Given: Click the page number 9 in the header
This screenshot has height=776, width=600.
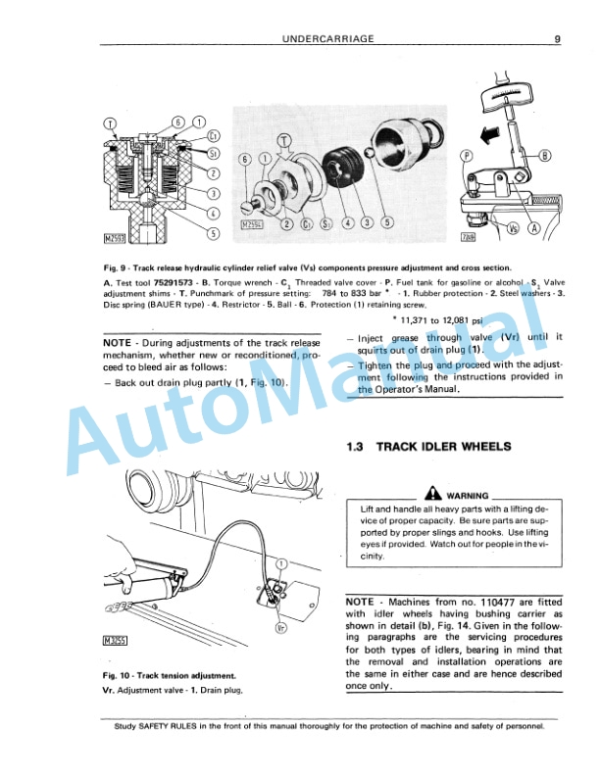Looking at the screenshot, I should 556,39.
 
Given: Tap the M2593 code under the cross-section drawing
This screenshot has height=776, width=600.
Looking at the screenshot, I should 116,237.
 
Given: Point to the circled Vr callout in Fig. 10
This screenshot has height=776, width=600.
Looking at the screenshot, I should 280,627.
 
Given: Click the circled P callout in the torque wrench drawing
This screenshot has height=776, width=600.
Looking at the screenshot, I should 468,155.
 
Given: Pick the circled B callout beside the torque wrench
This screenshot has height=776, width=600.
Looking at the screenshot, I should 545,154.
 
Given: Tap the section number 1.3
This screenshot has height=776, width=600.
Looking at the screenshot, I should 357,447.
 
